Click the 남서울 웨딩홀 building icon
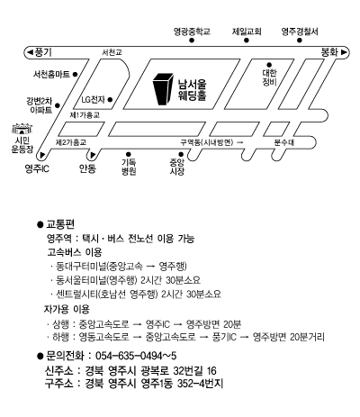pyautogui.click(x=163, y=89)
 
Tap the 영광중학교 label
pyautogui.click(x=192, y=32)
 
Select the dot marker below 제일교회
pyautogui.click(x=247, y=41)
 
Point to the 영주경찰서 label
pyautogui.click(x=300, y=32)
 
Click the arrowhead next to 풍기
pyautogui.click(x=30, y=52)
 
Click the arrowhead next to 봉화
pyautogui.click(x=344, y=52)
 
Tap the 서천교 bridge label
pyautogui.click(x=112, y=52)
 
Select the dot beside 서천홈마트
pyautogui.click(x=76, y=74)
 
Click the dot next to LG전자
pyautogui.click(x=110, y=99)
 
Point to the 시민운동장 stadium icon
pyautogui.click(x=22, y=129)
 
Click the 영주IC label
pyautogui.click(x=37, y=168)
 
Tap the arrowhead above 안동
pyautogui.click(x=93, y=155)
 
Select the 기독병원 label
pyautogui.click(x=129, y=167)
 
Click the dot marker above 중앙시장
pyautogui.click(x=181, y=155)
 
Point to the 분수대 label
pyautogui.click(x=284, y=142)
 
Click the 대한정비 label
pyautogui.click(x=269, y=77)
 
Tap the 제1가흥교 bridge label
pyautogui.click(x=85, y=115)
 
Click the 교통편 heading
pyautogui.click(x=60, y=224)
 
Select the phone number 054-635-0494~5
pyautogui.click(x=136, y=356)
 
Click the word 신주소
pyautogui.click(x=58, y=371)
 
